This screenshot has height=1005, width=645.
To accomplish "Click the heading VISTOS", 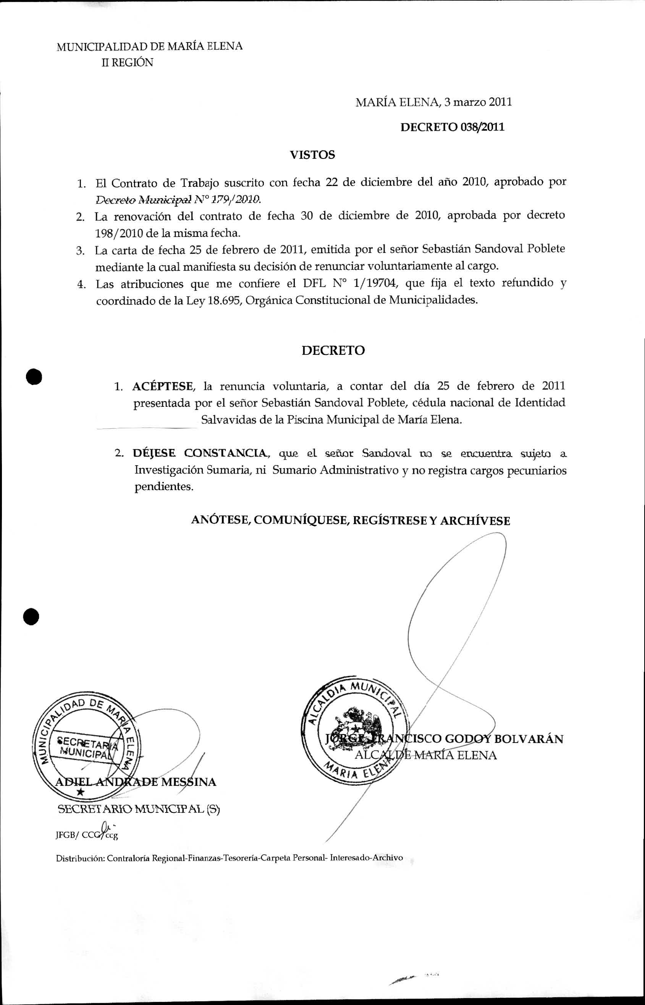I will point(312,155).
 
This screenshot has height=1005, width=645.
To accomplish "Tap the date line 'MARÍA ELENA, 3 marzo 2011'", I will point(433,102).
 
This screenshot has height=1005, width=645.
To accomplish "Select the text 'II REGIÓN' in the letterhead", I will point(127,63).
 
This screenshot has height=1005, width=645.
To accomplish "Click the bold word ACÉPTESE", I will point(163,386).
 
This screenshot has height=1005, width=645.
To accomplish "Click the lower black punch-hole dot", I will point(31,616).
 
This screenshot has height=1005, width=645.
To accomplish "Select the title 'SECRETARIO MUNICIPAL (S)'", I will point(139,809).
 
